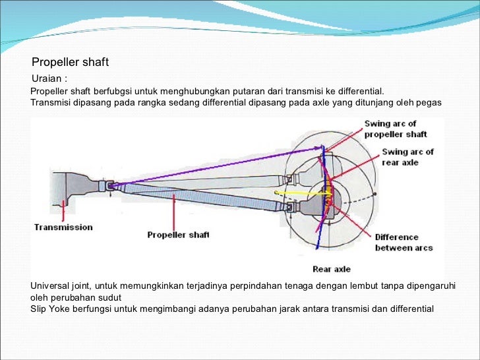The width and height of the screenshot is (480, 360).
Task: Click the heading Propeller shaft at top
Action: [70, 63]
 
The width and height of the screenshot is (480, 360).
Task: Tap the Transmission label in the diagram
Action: [63, 227]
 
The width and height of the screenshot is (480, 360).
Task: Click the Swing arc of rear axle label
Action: [407, 156]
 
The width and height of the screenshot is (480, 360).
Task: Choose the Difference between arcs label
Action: [396, 242]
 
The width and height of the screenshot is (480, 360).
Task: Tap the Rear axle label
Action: [331, 269]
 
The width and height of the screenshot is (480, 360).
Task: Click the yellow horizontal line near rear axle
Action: [297, 193]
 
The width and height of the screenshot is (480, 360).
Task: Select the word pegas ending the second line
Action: [430, 104]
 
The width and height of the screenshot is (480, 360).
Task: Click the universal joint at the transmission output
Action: [109, 187]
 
